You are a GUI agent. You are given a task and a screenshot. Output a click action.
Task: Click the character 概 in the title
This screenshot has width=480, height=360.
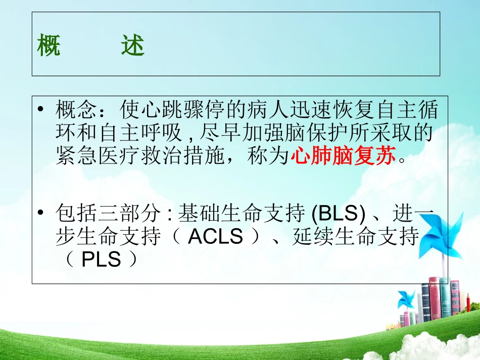click(49, 47)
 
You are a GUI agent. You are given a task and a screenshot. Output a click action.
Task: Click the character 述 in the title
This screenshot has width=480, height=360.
click(133, 47)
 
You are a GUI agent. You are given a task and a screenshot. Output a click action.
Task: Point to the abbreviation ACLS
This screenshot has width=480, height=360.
click(215, 237)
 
